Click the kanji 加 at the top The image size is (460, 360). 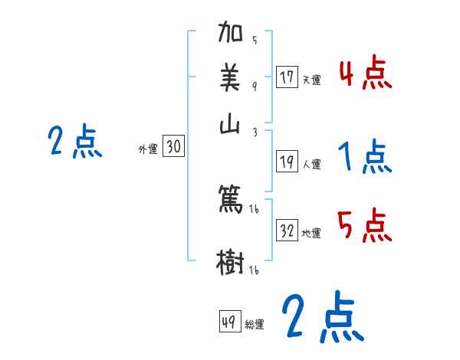coord(231,34)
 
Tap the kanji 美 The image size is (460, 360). coord(231,79)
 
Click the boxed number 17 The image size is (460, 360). coord(287,77)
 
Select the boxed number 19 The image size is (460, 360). coord(287,161)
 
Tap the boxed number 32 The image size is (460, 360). coord(287,231)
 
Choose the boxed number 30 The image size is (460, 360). coord(173,147)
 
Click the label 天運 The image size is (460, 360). coord(310,80)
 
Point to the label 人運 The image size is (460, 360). coord(311,163)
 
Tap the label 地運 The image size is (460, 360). coord(310,233)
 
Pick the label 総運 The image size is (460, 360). coord(255,324)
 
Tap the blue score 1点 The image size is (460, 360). coord(364,157)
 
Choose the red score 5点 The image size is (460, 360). coord(364,226)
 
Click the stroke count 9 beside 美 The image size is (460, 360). coord(254,87)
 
